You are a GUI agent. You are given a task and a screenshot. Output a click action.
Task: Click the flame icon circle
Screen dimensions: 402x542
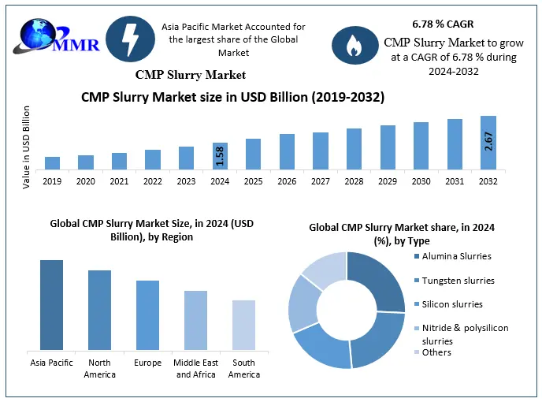tap(354, 45)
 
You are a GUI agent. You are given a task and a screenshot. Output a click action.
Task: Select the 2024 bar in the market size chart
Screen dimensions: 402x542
tap(220, 155)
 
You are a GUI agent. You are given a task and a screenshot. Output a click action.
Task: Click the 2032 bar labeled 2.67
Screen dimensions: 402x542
tap(488, 143)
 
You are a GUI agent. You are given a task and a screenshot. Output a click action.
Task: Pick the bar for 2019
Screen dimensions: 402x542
tap(52, 162)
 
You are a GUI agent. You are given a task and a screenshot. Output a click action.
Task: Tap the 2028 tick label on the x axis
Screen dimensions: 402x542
tap(354, 181)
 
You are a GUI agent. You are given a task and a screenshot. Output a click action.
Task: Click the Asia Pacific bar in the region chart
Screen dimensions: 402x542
tap(52, 304)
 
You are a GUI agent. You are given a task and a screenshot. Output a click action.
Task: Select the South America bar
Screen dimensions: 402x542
tap(243, 325)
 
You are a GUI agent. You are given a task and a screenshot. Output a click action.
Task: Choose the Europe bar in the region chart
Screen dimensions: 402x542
tap(147, 315)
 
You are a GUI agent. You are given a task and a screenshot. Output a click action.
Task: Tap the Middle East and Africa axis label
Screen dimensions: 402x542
tap(195, 368)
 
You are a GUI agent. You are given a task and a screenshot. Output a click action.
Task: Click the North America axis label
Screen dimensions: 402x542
tap(99, 368)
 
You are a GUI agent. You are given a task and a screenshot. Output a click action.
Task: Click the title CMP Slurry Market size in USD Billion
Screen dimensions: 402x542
tap(233, 98)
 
